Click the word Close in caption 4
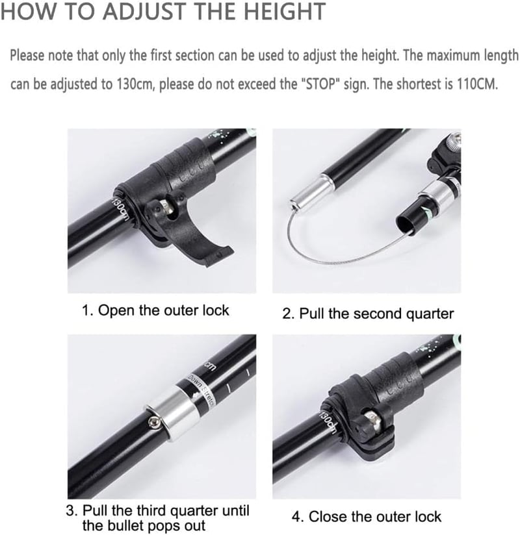tap(328, 517)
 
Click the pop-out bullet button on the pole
tap(154, 423)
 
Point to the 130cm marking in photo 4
tap(328, 422)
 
